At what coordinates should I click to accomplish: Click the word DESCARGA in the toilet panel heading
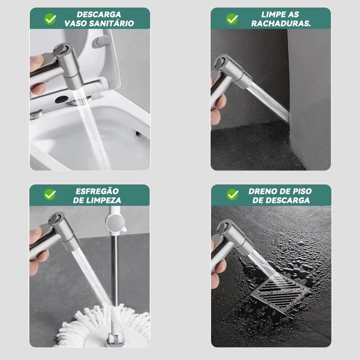pos(99,14)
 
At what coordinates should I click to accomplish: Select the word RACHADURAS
pos(281,23)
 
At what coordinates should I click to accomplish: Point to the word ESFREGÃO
pos(97,191)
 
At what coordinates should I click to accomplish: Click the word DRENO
pos(261,191)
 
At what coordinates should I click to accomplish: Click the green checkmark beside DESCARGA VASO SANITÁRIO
pos(50,19)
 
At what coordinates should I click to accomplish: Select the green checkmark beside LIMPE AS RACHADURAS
pos(232,19)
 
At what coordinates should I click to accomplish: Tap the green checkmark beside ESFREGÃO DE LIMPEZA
pos(50,195)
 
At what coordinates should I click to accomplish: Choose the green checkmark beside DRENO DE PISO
pos(233,195)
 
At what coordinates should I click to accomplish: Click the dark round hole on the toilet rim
pos(62,99)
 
